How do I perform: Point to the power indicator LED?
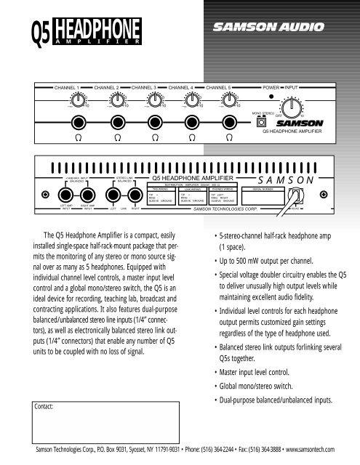pos(271,96)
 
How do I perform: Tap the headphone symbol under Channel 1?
pos(76,137)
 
